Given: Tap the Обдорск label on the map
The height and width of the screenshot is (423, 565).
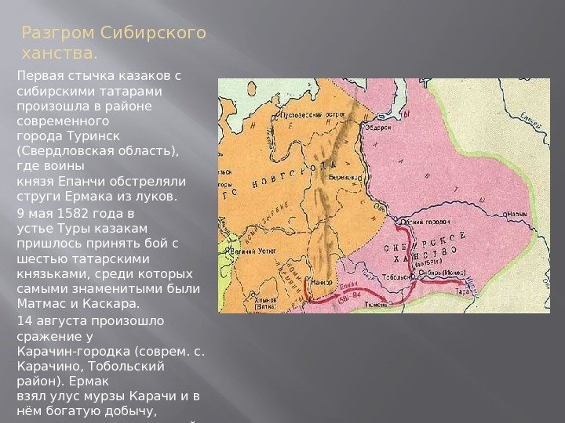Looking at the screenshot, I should [379, 128].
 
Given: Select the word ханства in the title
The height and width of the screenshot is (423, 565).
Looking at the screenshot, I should [57, 54].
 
